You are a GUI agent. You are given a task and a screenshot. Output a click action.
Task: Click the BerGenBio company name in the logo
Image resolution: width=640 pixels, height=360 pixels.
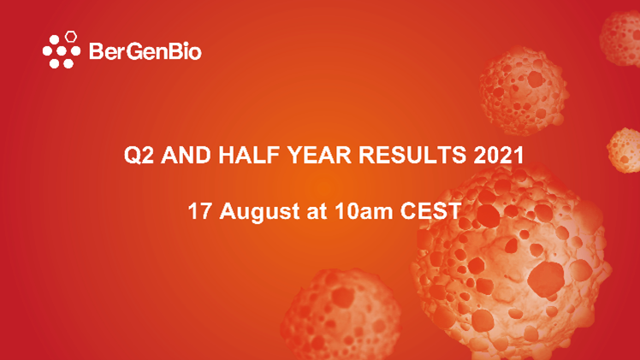tap(145, 52)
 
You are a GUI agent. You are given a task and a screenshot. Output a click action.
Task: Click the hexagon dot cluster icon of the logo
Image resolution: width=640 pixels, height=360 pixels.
tap(62, 50)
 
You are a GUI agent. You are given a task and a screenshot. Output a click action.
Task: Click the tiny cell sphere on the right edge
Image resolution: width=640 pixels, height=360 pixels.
tap(625, 150)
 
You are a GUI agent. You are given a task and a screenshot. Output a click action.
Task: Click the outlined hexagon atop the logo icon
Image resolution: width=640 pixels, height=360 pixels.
tap(73, 37)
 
